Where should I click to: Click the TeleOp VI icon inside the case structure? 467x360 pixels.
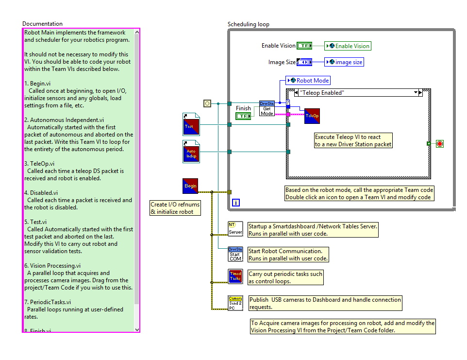point(312,116)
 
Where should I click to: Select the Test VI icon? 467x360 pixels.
point(191,124)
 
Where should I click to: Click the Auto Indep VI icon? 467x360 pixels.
point(191,152)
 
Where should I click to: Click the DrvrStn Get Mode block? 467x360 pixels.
point(267,108)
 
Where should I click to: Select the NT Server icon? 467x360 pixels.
point(235,229)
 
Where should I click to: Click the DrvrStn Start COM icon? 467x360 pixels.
point(235,254)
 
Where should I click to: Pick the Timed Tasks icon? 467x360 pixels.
point(235,276)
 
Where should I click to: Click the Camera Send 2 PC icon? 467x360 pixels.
point(235,302)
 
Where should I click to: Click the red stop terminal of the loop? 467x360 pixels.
point(440,144)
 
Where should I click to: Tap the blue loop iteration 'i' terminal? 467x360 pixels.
point(236,203)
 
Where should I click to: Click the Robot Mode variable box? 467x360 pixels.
point(308,81)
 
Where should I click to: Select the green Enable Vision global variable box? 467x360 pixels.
point(348,46)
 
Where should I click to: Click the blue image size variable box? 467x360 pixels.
point(344,62)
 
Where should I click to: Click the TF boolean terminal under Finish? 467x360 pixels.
point(243,116)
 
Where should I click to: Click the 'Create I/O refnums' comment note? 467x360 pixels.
point(175,208)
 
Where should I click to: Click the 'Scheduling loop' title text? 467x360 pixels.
point(249,24)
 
